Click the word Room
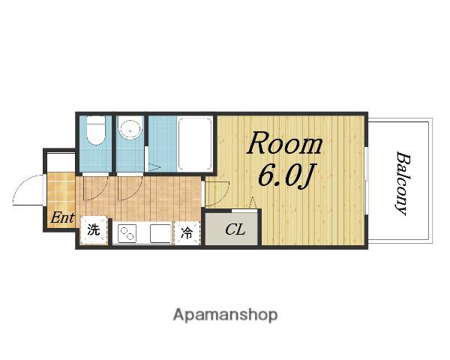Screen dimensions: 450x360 pos(285,143)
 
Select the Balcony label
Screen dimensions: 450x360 pos(402,184)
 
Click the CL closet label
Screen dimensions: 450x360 pos(235,229)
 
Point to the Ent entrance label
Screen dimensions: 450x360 pos(62,218)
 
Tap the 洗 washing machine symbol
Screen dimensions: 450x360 pos(94,230)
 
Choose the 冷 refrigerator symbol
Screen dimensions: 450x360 pos(187,232)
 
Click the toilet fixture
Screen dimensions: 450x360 pos(95,130)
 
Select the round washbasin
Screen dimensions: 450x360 pos(130,128)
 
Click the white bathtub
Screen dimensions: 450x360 pos(195,144)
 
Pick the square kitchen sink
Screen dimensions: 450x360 pos(160,233)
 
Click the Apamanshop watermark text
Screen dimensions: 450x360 pos(225,315)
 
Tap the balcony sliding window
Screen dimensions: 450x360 pos(366,181)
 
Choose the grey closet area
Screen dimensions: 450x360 pos(231,229)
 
